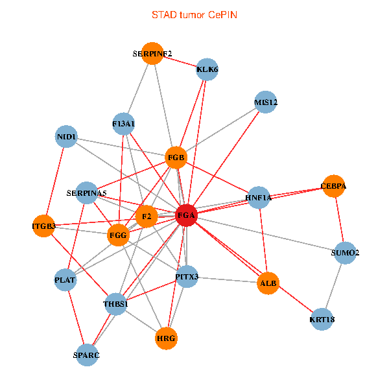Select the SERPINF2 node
(152, 54)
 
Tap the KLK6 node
(207, 69)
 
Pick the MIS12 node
(266, 102)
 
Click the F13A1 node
(123, 123)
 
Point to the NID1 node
(67, 137)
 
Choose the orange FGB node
(176, 158)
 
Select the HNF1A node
(258, 197)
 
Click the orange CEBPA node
(333, 186)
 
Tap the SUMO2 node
(345, 252)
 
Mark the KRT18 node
(322, 319)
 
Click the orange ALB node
(268, 283)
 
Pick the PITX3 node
(187, 277)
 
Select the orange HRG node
(167, 338)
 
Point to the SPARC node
(87, 355)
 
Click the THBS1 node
(116, 304)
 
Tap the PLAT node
(65, 280)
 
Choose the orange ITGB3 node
(43, 226)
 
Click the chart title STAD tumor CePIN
(194, 14)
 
